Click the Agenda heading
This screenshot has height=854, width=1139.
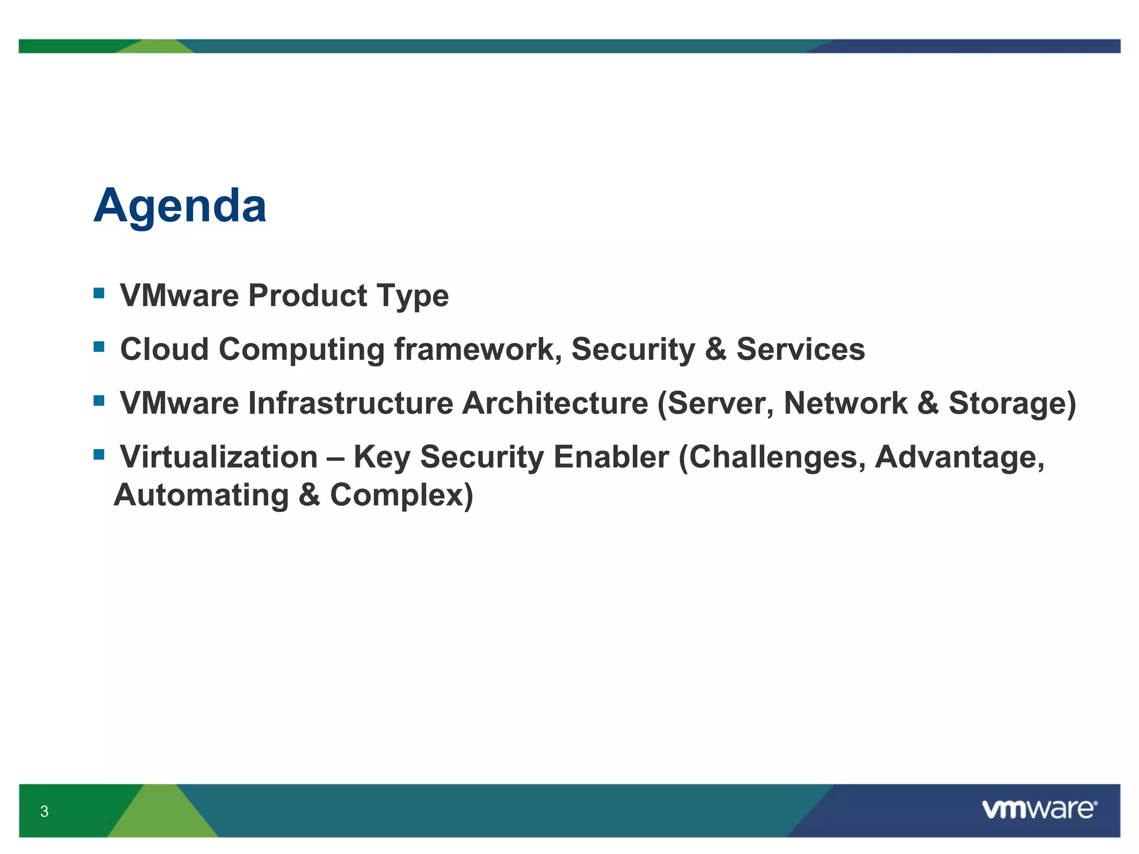(x=180, y=206)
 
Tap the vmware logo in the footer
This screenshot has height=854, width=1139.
(x=1039, y=810)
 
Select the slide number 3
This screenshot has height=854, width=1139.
(x=44, y=811)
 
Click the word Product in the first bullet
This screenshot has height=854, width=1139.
(x=308, y=295)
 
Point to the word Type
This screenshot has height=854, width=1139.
(x=412, y=296)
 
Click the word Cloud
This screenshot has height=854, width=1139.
(x=164, y=349)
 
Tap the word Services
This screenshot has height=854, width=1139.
(x=800, y=349)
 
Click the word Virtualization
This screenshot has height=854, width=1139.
(x=219, y=457)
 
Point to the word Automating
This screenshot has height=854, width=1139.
(x=201, y=495)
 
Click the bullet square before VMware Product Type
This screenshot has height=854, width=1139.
(x=99, y=293)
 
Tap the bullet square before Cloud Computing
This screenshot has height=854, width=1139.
(x=99, y=347)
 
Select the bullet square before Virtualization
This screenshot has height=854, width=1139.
(x=99, y=455)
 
